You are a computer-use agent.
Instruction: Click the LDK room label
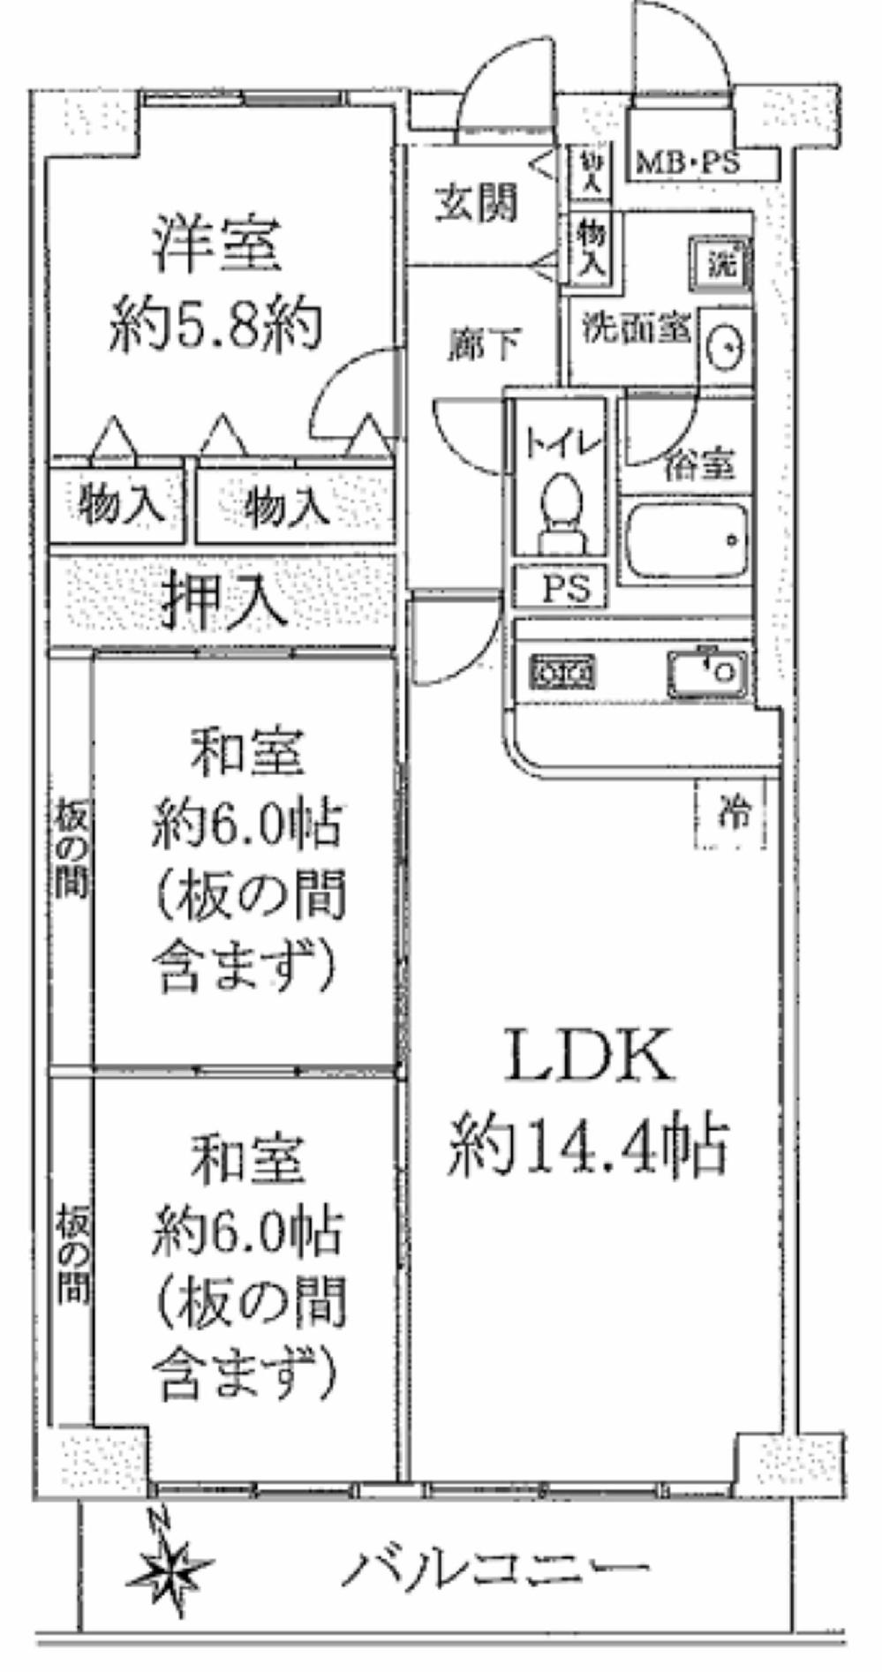(x=589, y=1054)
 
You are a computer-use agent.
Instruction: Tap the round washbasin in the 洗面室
(x=725, y=345)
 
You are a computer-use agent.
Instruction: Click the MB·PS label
(x=690, y=163)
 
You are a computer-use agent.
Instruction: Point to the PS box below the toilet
(x=562, y=587)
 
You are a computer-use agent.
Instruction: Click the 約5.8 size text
(x=214, y=328)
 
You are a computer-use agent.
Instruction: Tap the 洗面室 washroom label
(x=635, y=328)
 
